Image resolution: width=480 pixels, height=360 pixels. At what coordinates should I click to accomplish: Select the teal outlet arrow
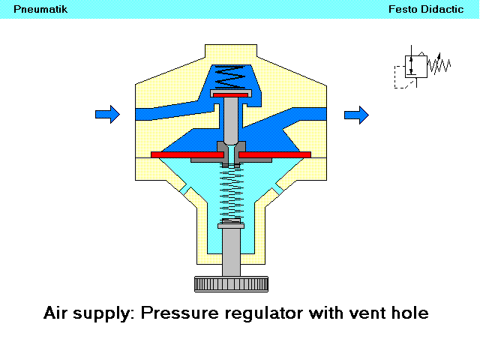pyautogui.click(x=356, y=114)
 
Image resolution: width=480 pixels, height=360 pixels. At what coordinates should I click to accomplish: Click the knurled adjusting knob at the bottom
pyautogui.click(x=231, y=284)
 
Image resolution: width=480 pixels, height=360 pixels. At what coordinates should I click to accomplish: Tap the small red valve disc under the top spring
pyautogui.click(x=231, y=95)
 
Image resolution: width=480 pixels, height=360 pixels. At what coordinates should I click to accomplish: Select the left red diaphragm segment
pyautogui.click(x=187, y=154)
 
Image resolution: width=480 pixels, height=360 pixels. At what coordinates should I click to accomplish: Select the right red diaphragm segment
pyautogui.click(x=274, y=154)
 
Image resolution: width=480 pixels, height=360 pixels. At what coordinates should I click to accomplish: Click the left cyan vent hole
pyautogui.click(x=185, y=190)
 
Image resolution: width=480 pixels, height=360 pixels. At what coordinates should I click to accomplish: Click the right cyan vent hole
pyautogui.click(x=277, y=190)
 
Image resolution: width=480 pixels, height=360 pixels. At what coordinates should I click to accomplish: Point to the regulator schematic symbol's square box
pyautogui.click(x=414, y=66)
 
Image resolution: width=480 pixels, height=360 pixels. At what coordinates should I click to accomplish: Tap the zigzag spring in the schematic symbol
pyautogui.click(x=438, y=66)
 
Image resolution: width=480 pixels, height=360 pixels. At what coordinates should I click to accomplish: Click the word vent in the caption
pyautogui.click(x=367, y=313)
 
